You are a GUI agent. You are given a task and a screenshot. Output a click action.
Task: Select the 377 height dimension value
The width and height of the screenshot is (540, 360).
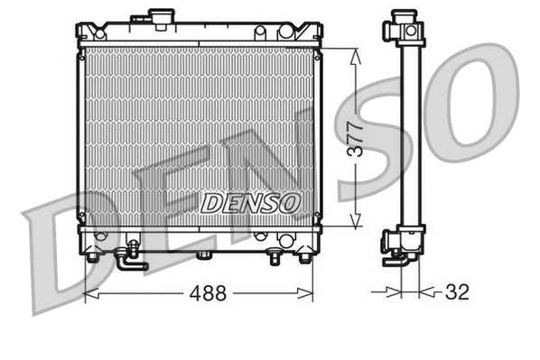click(358, 138)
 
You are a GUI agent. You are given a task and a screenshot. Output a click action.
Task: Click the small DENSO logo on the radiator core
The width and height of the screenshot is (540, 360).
click(250, 203)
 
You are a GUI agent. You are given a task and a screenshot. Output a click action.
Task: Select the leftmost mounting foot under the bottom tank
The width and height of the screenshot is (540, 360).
click(91, 256)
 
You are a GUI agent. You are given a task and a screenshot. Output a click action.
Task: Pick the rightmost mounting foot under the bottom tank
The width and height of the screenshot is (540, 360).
click(304, 256)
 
